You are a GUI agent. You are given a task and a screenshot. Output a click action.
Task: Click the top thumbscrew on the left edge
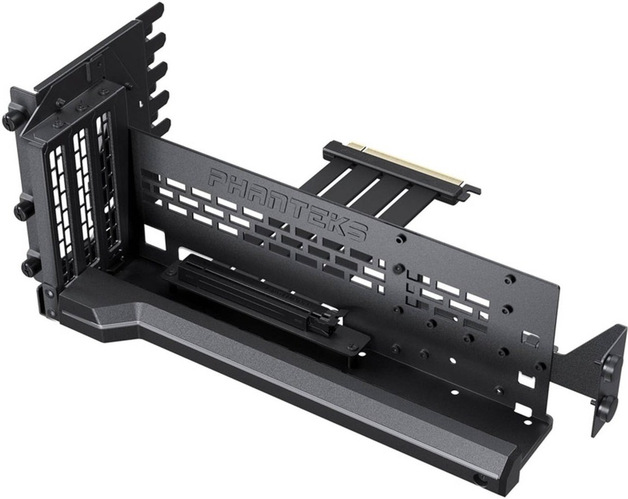[x=9, y=117]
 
